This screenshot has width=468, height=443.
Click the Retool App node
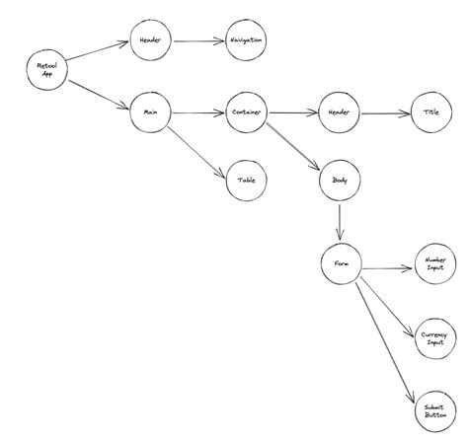pyautogui.click(x=45, y=71)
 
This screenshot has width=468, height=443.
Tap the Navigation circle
pyautogui.click(x=246, y=40)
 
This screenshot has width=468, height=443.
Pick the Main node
pyautogui.click(x=150, y=113)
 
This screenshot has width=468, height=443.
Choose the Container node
pyautogui.click(x=246, y=113)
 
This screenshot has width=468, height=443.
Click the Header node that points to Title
pyautogui.click(x=339, y=113)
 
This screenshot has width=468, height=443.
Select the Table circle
pyautogui.click(x=246, y=181)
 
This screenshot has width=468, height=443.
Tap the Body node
pyautogui.click(x=339, y=181)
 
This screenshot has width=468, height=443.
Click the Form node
pyautogui.click(x=341, y=264)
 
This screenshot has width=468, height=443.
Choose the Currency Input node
pyautogui.click(x=434, y=338)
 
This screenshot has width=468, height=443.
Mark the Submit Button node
pyautogui.click(x=434, y=412)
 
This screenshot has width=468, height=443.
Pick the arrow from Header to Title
pyautogui.click(x=385, y=113)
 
